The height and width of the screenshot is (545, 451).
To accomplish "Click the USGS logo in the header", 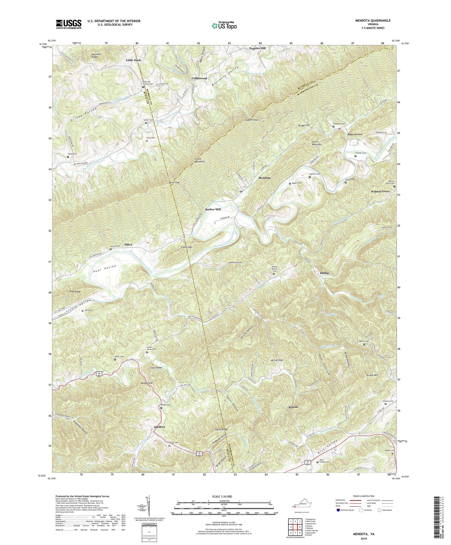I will coord(69,24).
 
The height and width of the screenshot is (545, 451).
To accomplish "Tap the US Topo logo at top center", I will coord(224,26).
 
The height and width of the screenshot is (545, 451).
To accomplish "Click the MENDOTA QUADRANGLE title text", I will coord(373,20).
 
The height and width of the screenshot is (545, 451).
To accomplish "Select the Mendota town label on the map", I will coord(264,178).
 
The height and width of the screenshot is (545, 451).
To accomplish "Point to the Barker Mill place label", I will coord(213,209).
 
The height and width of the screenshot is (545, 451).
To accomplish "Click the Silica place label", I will coord(128,245).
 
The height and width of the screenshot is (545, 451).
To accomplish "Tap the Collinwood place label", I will coord(199,78).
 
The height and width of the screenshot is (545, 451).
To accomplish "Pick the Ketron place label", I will coord(293,407).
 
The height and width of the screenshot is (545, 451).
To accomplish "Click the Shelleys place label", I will coord(159,427).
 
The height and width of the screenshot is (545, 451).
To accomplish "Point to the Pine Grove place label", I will coord(355,134).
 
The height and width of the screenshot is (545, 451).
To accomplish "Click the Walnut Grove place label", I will coord(380,191).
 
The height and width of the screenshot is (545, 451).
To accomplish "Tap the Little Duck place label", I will coord(133,60).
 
